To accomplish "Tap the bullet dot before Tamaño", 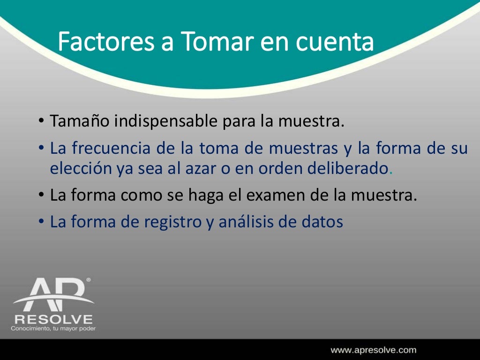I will point(41,122).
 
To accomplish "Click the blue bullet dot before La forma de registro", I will point(41,222).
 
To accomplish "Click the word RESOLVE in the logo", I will point(53,320).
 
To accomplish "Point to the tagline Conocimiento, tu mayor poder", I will point(53,329).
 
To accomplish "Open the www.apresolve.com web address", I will point(374,350).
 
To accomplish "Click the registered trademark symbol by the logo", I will point(88,280).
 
